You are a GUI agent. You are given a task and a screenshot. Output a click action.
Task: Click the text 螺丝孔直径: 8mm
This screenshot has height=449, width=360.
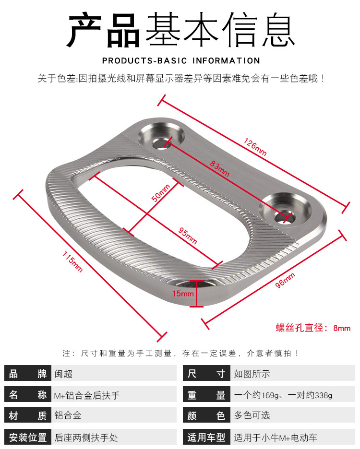(x=313, y=329)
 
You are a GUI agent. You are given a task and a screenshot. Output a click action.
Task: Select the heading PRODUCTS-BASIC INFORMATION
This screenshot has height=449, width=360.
(x=181, y=61)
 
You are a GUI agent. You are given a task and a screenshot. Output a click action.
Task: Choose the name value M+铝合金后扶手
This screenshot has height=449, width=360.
(x=87, y=396)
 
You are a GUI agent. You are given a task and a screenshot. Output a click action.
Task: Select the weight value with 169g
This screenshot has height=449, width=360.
(x=283, y=396)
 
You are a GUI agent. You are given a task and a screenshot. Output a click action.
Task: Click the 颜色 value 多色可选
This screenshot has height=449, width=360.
(x=252, y=416)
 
